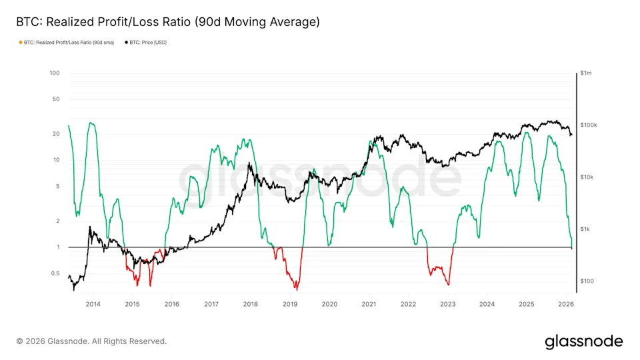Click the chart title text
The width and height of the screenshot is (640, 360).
168,21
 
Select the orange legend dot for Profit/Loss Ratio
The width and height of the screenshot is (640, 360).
21,43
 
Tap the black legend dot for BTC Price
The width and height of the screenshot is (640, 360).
126,43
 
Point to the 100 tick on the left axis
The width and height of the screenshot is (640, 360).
55,73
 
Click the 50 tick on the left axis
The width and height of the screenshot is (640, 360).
56,99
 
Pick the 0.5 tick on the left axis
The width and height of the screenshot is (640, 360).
55,273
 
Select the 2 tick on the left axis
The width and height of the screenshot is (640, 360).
58,221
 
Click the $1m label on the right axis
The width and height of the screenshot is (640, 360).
586,73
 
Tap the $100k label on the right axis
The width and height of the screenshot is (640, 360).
589,125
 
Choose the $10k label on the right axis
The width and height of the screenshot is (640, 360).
587,177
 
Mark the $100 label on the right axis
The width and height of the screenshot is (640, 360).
587,281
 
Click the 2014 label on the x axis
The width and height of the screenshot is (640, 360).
93,304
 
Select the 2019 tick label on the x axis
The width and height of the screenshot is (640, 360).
290,304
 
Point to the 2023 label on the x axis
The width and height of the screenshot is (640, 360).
448,304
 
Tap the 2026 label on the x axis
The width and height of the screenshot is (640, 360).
566,304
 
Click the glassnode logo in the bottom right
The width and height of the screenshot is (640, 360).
584,341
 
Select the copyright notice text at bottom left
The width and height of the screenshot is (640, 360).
91,341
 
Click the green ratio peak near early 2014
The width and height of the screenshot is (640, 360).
91,123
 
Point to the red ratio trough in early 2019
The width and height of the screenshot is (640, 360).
297,289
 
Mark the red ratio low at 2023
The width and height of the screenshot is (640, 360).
448,284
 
